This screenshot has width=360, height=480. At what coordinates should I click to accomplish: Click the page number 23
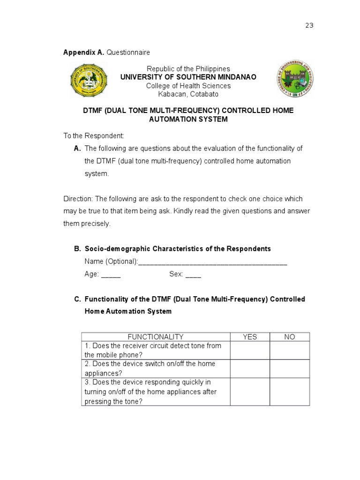(309, 25)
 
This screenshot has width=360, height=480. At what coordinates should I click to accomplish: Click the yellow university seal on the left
(89, 80)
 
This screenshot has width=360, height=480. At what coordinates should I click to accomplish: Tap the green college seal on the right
(294, 78)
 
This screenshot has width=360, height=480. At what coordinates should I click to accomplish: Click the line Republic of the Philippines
(188, 69)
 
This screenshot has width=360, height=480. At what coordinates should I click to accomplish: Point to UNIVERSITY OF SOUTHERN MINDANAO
(188, 77)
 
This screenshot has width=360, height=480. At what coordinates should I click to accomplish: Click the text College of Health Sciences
(188, 86)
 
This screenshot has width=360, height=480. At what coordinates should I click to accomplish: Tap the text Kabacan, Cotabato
(188, 94)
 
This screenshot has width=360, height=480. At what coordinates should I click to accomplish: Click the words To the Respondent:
(94, 136)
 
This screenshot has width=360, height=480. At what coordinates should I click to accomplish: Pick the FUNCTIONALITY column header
(156, 337)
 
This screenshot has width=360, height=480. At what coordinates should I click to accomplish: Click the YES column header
(249, 337)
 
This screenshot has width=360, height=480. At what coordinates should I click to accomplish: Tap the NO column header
(289, 337)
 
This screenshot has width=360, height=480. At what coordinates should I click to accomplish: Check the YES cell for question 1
(249, 350)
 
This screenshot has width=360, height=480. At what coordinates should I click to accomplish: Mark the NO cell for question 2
(289, 368)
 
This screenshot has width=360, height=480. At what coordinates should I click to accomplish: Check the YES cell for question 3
(249, 391)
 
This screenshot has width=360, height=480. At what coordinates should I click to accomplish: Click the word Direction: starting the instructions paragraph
(78, 199)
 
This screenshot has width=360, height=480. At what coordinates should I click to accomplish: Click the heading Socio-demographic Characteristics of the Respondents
(178, 249)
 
